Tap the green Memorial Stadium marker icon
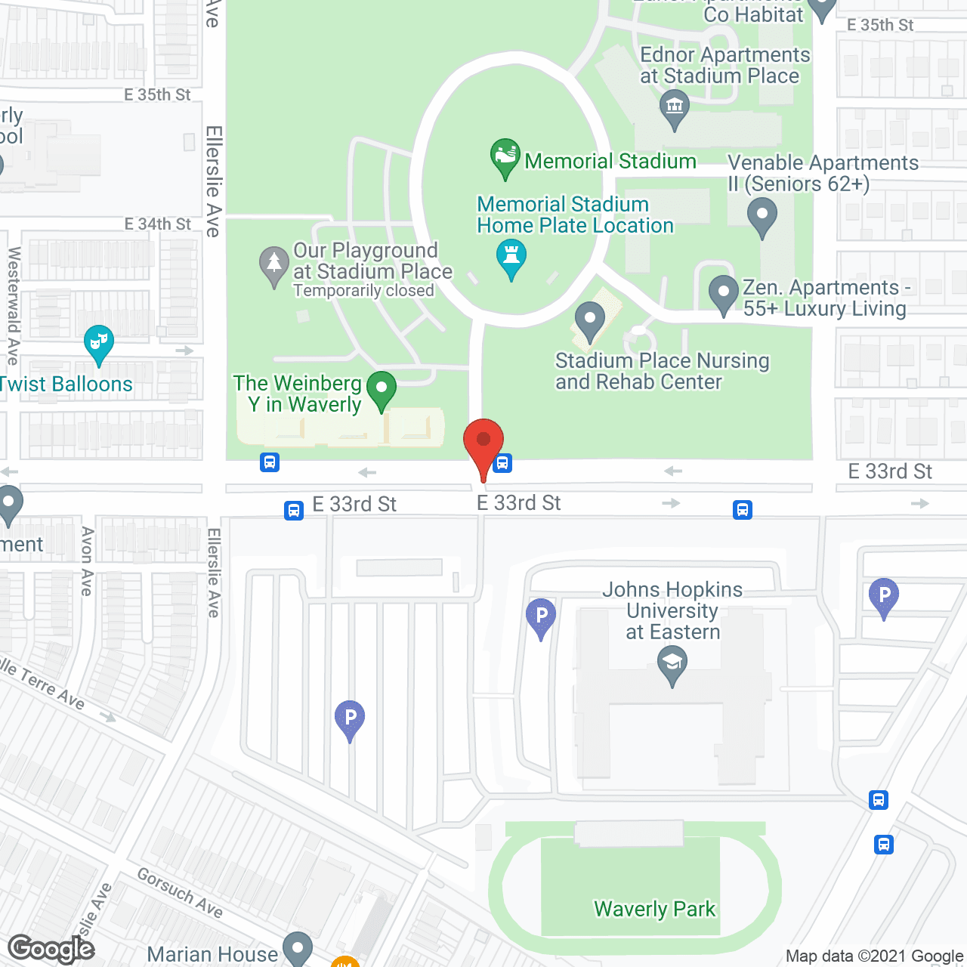(505, 156)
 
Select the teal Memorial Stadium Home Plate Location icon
(511, 257)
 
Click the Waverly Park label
(654, 909)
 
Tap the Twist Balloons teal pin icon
(99, 343)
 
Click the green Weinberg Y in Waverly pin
(382, 390)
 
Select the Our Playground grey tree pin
(273, 264)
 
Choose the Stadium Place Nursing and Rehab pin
(590, 320)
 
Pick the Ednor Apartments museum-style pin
(674, 107)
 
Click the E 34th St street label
(158, 224)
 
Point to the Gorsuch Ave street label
(180, 893)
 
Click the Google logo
(51, 949)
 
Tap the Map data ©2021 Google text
(875, 956)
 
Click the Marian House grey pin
(297, 948)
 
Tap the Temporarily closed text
(363, 291)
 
